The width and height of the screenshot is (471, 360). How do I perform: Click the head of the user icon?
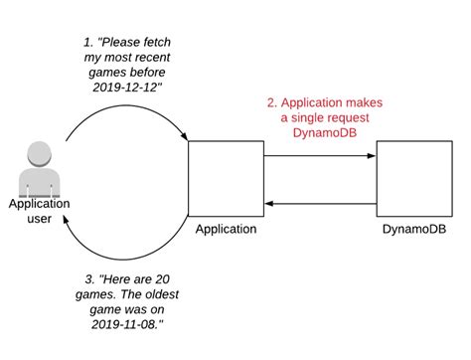tap(39, 153)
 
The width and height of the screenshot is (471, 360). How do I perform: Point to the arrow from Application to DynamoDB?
tap(320, 155)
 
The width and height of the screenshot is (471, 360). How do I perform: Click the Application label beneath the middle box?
tap(226, 230)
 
